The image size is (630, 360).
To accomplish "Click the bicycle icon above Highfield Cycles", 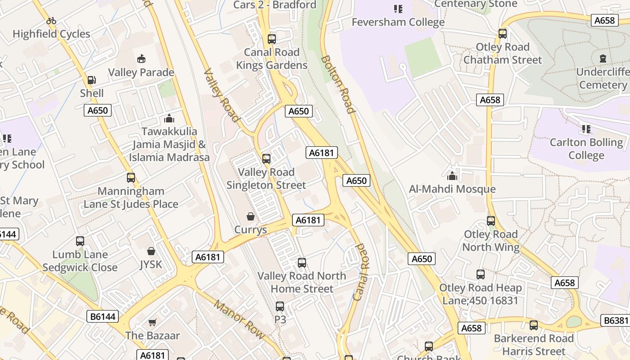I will tap(51, 21).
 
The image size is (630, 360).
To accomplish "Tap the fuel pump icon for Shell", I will tap(92, 80).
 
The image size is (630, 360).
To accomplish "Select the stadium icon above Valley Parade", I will tap(141, 58).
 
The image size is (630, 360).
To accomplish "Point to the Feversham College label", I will tap(398, 22).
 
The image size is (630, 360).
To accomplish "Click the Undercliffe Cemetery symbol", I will tap(603, 58).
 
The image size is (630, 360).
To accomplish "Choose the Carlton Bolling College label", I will tap(586, 149).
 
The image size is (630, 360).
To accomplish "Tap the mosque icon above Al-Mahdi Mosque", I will tap(452, 175).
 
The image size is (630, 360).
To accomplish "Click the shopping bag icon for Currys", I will tap(251, 216).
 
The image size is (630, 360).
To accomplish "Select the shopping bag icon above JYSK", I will tap(151, 251).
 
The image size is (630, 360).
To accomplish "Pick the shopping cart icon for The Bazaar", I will tap(152, 322).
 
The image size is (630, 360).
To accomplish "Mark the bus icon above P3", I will tap(280, 306).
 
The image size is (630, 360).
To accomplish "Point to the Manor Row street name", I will tap(239, 319).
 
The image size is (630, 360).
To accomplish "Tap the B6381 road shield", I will tap(615, 320).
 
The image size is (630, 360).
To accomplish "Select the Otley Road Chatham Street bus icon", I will tap(503, 34).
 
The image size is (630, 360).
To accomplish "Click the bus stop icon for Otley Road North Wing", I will tap(491, 221).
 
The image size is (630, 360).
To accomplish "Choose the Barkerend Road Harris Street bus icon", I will tap(534, 325).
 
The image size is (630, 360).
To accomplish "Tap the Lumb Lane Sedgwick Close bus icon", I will tap(80, 241).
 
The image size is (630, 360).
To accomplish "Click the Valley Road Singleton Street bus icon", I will tap(266, 158).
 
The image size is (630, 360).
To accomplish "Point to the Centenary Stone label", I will tap(476, 4).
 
